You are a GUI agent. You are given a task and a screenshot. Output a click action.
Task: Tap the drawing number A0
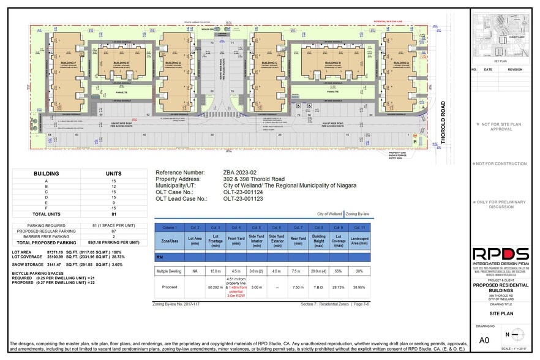(484, 340)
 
